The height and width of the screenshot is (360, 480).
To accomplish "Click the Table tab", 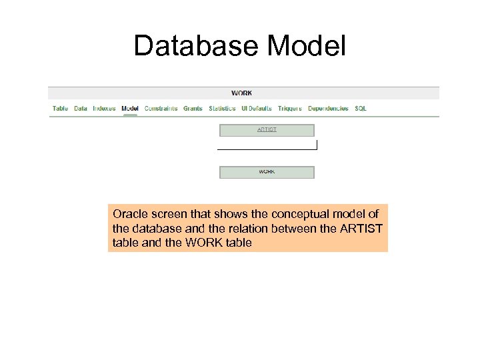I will click(x=60, y=109).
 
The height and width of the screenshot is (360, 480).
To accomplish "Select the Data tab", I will click(x=81, y=109).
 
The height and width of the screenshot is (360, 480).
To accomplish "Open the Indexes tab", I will click(x=104, y=109).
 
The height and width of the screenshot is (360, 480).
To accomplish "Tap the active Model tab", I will click(x=130, y=109).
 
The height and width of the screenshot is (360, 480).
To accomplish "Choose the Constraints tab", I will click(x=161, y=109).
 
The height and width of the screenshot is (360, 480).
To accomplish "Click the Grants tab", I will click(x=193, y=109).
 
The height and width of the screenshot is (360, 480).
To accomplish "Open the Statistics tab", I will click(x=222, y=109).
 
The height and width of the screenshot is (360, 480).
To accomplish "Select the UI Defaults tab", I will click(x=257, y=109).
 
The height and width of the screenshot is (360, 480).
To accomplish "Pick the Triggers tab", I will click(x=290, y=109).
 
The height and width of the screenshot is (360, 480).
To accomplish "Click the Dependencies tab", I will click(x=328, y=109).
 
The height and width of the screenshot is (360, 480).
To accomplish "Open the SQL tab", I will click(x=361, y=109).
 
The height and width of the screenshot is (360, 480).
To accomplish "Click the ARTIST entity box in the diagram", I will click(x=267, y=130).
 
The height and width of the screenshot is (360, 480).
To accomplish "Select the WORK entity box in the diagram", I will click(x=267, y=172).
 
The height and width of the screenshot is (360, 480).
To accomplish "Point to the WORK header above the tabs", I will click(x=241, y=93).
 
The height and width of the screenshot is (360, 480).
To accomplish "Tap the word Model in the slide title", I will click(x=306, y=46).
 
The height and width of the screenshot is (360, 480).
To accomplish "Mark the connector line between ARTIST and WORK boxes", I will click(x=267, y=149).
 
